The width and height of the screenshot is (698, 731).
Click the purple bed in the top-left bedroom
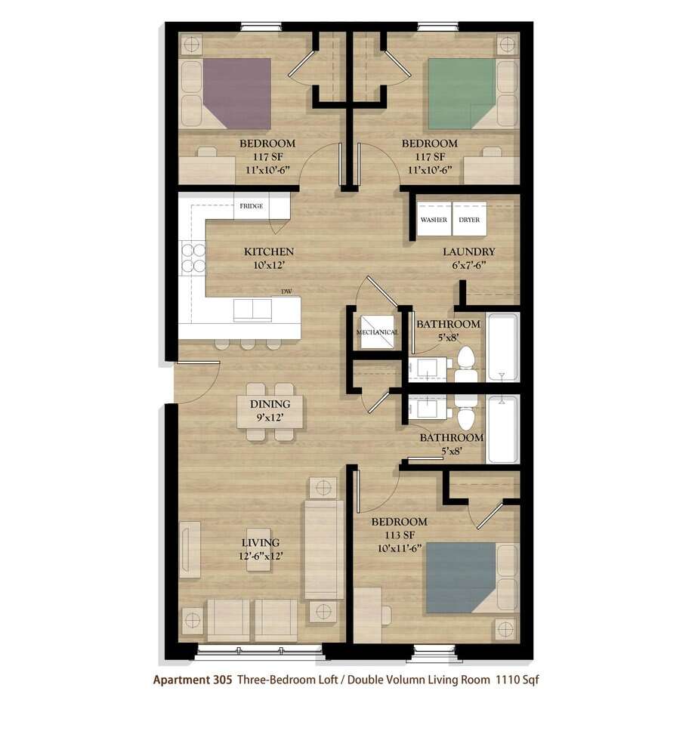pos(236,93)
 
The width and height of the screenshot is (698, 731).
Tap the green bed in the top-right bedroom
pos(462,93)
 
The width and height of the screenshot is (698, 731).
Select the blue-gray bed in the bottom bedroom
pos(461,577)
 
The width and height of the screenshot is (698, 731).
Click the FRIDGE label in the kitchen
pos(252,206)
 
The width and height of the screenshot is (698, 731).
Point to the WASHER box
pos(434,219)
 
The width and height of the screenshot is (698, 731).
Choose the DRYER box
pos(470,219)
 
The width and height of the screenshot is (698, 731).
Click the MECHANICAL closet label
pos(377,332)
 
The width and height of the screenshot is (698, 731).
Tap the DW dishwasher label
pos(286,291)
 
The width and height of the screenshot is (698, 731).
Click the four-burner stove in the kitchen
pos(193,258)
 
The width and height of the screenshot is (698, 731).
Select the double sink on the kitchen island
pos(253,310)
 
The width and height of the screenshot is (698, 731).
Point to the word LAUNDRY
pos(468,251)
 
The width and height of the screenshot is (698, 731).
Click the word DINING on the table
pos(270,404)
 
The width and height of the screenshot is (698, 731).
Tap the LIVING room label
pos(261,543)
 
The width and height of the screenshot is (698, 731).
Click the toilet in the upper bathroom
pos(465,365)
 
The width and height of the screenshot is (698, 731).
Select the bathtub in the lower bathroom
pos(502,430)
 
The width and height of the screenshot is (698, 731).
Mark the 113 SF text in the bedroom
pos(399,535)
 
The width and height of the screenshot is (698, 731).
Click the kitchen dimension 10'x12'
pos(269,265)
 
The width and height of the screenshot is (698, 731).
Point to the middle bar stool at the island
pos(248,344)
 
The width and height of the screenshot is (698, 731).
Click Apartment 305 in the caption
pos(193,680)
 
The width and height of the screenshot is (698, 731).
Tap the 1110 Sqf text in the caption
pos(517,680)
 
